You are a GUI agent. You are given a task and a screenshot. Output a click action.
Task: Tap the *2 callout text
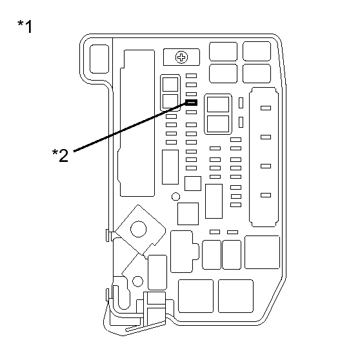click(59, 155)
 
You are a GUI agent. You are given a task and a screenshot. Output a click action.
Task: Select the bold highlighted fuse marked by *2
click(191, 102)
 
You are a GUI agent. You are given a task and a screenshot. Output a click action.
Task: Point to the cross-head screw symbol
click(181, 58)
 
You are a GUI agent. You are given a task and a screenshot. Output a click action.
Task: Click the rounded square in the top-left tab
click(99, 59)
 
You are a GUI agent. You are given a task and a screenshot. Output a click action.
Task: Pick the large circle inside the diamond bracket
click(138, 228)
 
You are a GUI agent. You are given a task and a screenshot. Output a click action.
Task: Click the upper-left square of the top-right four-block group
click(223, 52)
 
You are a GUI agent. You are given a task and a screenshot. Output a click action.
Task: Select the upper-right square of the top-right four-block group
click(256, 52)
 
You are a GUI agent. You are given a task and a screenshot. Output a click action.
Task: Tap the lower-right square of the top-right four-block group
click(256, 73)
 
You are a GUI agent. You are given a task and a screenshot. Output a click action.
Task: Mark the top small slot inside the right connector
click(264, 108)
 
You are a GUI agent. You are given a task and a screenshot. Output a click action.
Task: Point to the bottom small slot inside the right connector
click(264, 195)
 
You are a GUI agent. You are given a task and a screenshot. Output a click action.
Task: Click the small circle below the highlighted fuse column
click(175, 196)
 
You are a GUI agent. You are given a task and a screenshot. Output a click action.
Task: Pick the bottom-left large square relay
click(195, 296)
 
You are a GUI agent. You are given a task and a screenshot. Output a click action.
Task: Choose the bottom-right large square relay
click(235, 296)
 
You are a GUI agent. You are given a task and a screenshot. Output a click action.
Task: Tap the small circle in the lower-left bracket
click(137, 281)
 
